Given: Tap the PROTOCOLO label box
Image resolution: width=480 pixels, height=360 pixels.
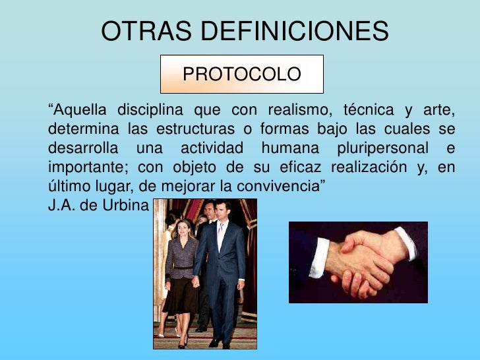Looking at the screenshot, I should click(x=242, y=74).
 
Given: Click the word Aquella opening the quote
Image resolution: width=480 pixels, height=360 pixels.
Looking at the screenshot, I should click(x=78, y=109).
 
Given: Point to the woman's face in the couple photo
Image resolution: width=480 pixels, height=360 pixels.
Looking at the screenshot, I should click(x=179, y=229).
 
